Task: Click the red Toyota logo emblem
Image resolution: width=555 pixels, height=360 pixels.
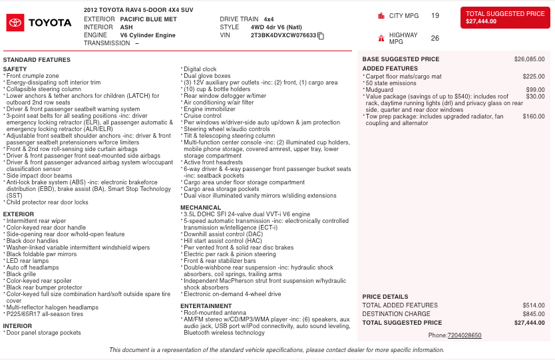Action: pos(15,23)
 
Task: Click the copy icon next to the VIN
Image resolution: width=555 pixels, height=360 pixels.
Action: pos(321,35)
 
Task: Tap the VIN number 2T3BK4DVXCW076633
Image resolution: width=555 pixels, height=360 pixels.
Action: pos(283,35)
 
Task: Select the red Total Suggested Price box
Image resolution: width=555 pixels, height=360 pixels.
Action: pos(505,17)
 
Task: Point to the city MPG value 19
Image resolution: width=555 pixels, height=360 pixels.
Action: pos(435,15)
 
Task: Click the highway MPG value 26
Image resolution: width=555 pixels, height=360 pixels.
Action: pos(435,38)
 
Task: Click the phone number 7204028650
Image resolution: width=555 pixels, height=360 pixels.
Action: pos(464,335)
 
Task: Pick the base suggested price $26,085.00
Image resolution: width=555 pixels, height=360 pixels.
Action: pos(529,59)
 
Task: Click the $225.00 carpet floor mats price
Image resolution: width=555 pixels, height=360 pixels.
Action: pos(534,77)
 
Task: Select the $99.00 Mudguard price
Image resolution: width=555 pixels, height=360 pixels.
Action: pos(536,89)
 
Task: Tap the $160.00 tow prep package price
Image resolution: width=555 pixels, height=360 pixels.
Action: pos(534,116)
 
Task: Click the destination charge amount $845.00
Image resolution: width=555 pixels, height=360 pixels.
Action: pos(534,314)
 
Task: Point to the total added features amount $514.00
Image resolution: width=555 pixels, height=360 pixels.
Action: pos(534,305)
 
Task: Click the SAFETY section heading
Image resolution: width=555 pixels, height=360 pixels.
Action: pos(15,69)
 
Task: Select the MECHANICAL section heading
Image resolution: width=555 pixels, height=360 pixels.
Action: pos(200,208)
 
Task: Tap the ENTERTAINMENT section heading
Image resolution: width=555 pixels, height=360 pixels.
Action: pos(206,306)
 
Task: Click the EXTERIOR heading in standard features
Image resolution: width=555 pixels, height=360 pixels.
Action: pos(19,214)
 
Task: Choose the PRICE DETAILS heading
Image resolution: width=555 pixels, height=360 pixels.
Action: pos(385,297)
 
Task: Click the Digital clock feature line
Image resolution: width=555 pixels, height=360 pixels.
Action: pos(200,69)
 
